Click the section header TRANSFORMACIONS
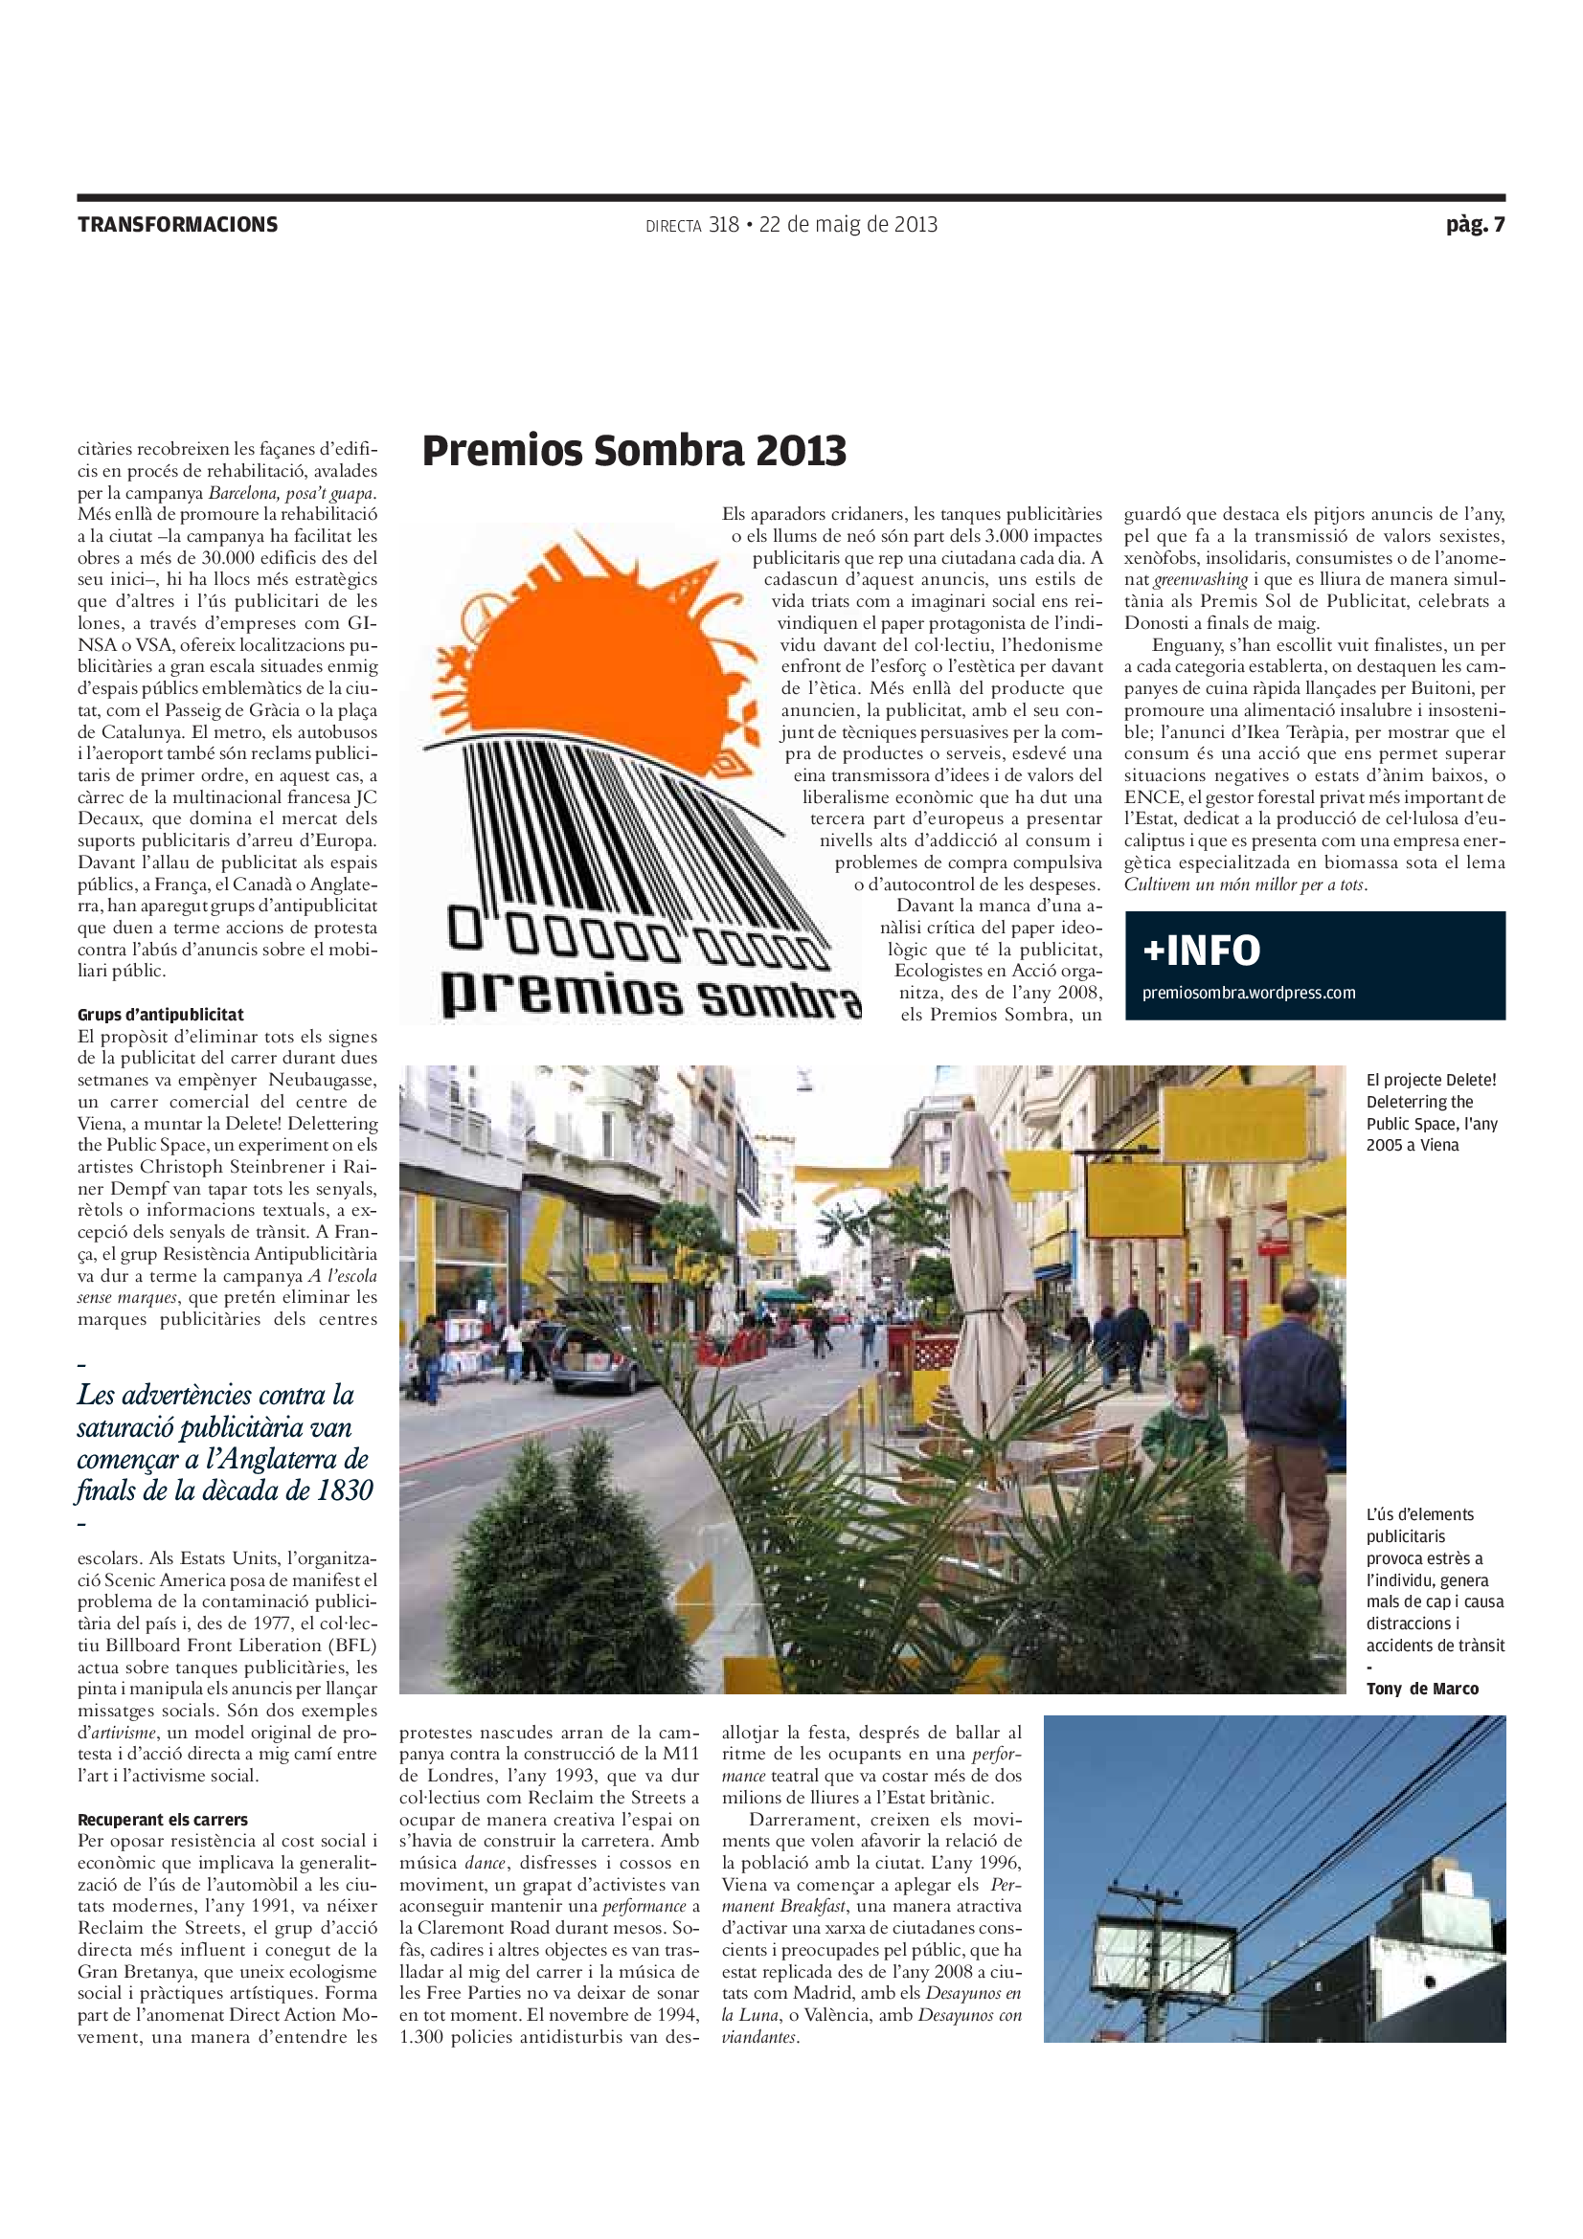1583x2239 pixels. (177, 225)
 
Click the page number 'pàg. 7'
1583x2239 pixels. (1475, 225)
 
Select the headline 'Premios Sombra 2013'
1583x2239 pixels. (634, 451)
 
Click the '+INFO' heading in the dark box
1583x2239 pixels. (1202, 950)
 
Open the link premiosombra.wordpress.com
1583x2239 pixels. (1249, 993)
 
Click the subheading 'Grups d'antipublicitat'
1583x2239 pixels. (161, 1014)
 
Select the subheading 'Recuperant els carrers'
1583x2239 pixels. (163, 1820)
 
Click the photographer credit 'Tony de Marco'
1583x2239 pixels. (1422, 1689)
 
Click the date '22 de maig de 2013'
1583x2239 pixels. (848, 225)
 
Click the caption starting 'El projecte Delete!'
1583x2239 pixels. (1431, 1111)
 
